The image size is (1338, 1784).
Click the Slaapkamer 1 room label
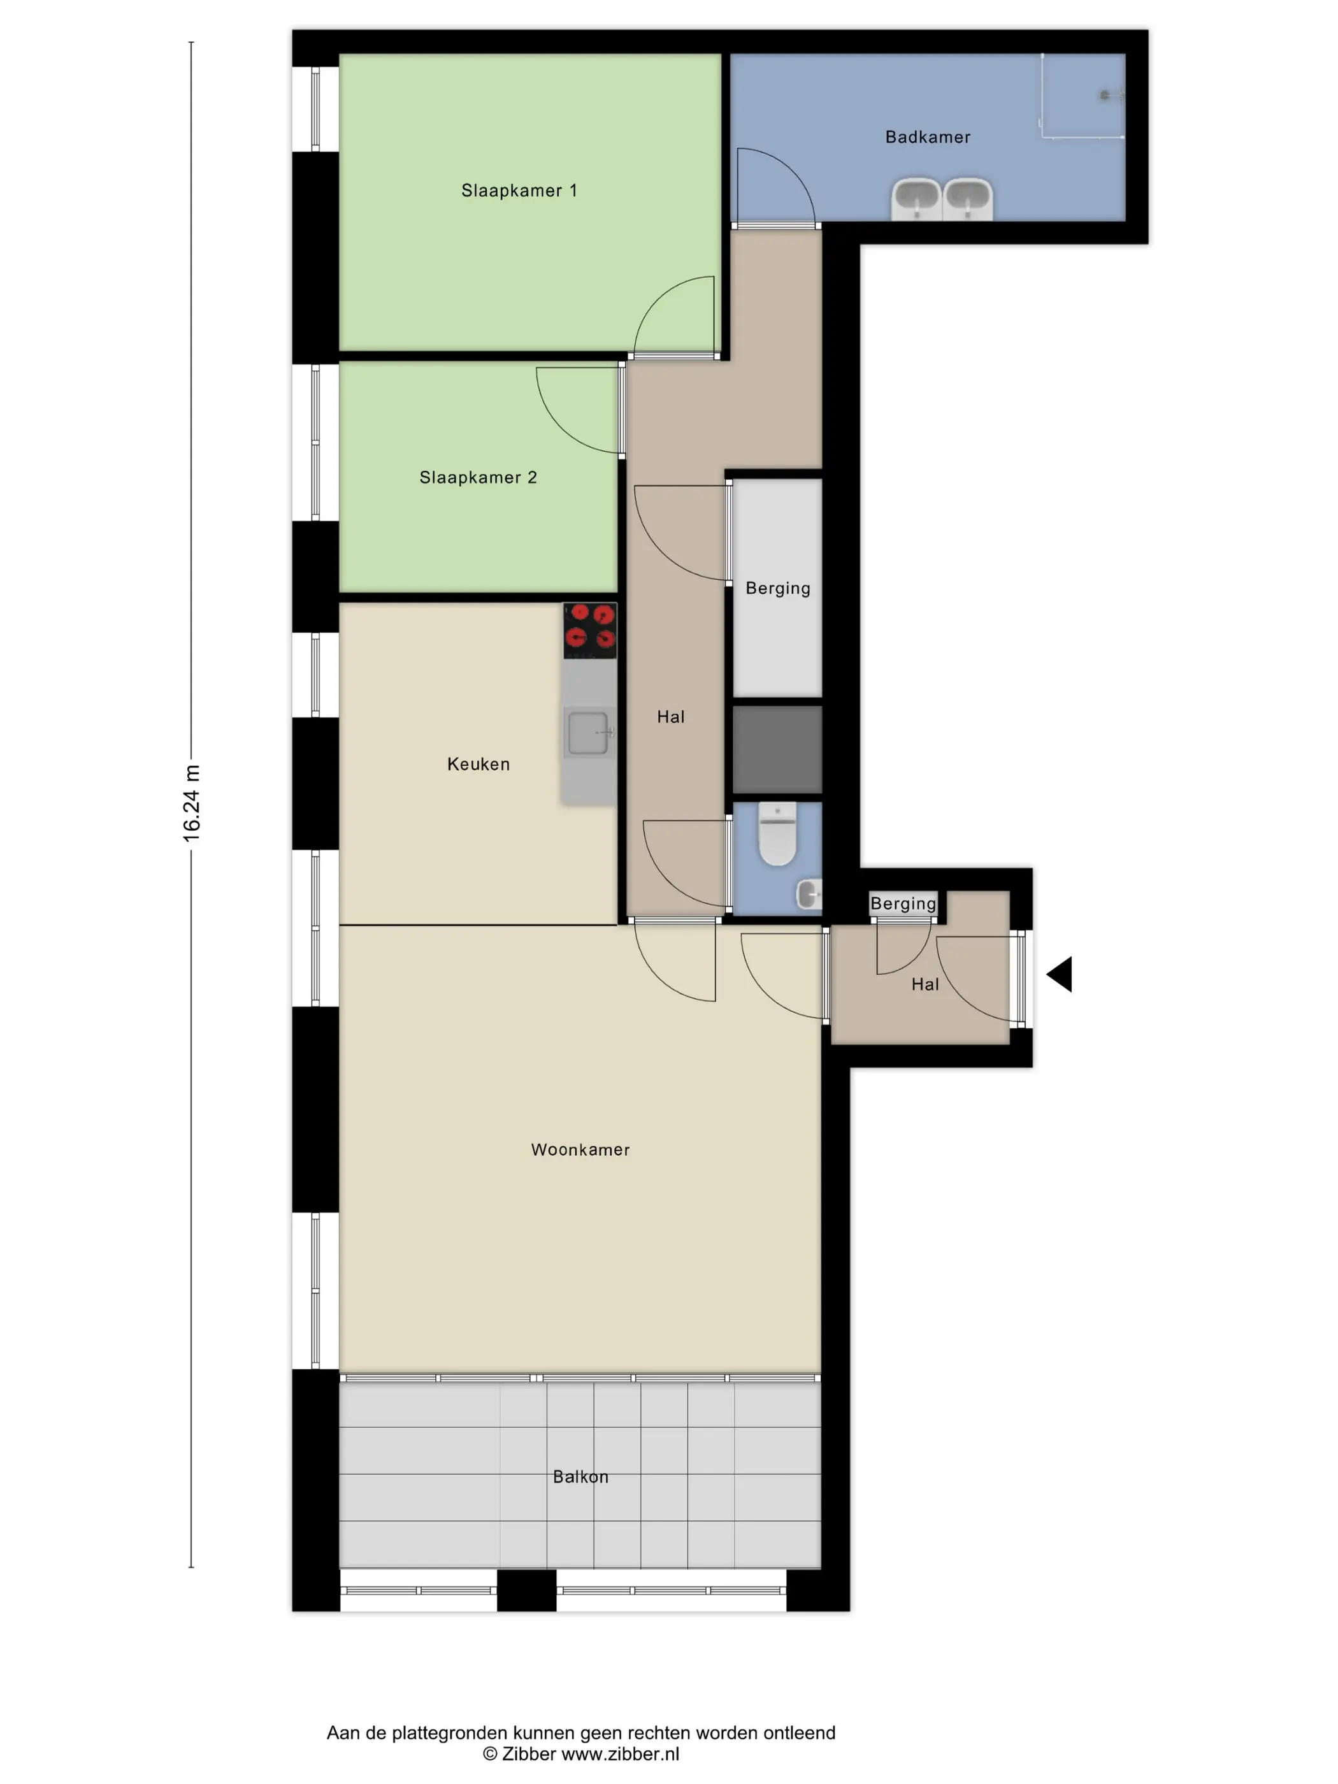pos(519,191)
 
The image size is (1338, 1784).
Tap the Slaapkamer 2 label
pos(477,477)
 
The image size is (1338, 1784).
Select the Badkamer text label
pos(928,137)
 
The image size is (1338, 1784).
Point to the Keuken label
pos(478,764)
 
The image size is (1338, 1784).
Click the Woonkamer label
pos(580,1149)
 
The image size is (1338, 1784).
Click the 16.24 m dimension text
pos(191,803)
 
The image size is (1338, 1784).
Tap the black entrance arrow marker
pos(1059,974)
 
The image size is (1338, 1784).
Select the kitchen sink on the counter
pos(589,732)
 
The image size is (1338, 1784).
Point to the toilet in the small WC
pos(777,834)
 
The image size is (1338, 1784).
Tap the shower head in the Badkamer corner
pos(1111,95)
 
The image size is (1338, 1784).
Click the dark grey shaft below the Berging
pos(777,749)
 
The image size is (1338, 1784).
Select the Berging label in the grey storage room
pos(777,588)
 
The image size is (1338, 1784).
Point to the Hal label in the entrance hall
pos(925,984)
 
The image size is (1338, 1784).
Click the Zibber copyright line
pos(580,1754)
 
